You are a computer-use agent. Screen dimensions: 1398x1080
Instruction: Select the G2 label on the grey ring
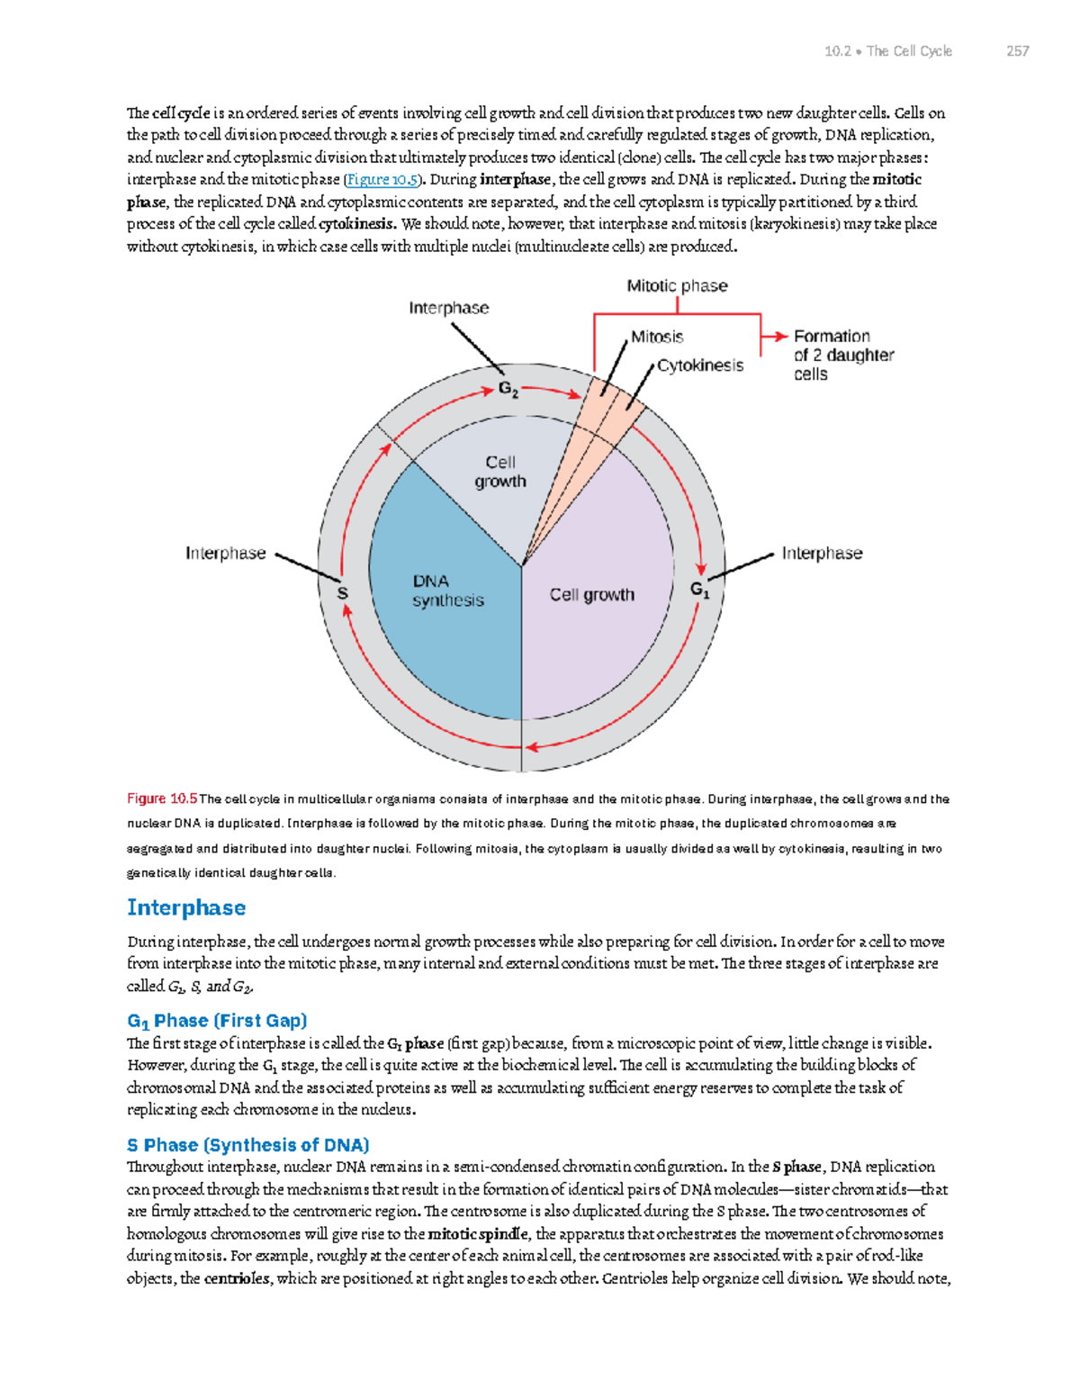coord(508,390)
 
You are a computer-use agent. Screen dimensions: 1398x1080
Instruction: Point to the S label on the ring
coord(342,593)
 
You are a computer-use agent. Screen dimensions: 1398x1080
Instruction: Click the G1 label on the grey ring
coord(700,590)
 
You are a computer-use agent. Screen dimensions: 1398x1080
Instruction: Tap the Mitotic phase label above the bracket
coord(677,286)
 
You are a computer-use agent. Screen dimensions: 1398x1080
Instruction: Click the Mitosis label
coord(657,337)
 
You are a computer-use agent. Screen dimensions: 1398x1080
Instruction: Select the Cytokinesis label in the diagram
coord(700,365)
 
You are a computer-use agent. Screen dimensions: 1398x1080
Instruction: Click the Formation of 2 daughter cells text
coord(842,355)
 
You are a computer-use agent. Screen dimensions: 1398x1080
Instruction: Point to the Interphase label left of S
coord(225,553)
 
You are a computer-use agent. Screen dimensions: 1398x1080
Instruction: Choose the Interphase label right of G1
coord(822,553)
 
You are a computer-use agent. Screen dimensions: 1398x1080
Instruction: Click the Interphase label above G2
coord(448,308)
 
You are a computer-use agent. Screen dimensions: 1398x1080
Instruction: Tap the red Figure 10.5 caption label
coord(162,798)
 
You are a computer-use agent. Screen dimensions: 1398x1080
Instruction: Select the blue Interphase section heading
coord(186,907)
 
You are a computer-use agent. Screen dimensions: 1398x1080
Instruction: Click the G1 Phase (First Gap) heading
coord(217,1021)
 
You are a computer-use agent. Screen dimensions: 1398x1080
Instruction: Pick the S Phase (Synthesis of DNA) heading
coord(247,1145)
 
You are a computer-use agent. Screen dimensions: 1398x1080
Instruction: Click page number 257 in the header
coord(1017,51)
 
